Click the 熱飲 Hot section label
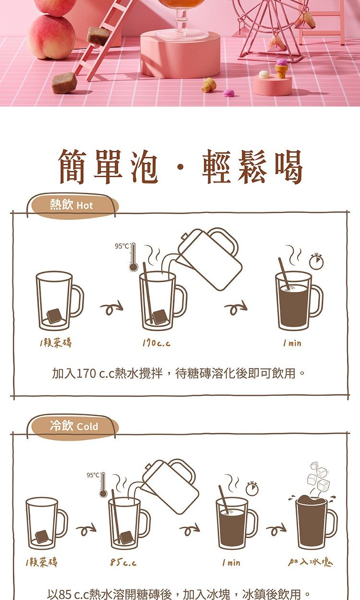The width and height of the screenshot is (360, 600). pos(71,206)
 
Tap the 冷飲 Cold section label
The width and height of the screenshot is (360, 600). pos(73,426)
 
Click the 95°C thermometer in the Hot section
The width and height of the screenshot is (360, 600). pos(133,257)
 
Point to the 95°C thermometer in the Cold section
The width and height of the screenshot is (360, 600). pos(103,485)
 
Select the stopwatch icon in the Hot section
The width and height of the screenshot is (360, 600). pos(316,261)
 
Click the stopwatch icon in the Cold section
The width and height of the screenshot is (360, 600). pos(252,488)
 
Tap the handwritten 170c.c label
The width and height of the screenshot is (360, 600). pos(156,343)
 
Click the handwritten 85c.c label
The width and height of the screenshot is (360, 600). pos(123,562)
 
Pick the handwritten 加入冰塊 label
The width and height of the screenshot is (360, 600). pos(311,562)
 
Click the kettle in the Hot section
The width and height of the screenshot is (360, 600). pos(209,257)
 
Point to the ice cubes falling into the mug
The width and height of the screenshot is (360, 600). pos(319,476)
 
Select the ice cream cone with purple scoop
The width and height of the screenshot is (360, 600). pos(281,68)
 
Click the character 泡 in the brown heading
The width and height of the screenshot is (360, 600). pos(144,167)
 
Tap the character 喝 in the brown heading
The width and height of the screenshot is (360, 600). pos(288,167)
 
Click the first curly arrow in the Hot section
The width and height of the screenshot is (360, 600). pos(112,307)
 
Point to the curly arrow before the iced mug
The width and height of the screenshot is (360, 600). pos(276,529)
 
